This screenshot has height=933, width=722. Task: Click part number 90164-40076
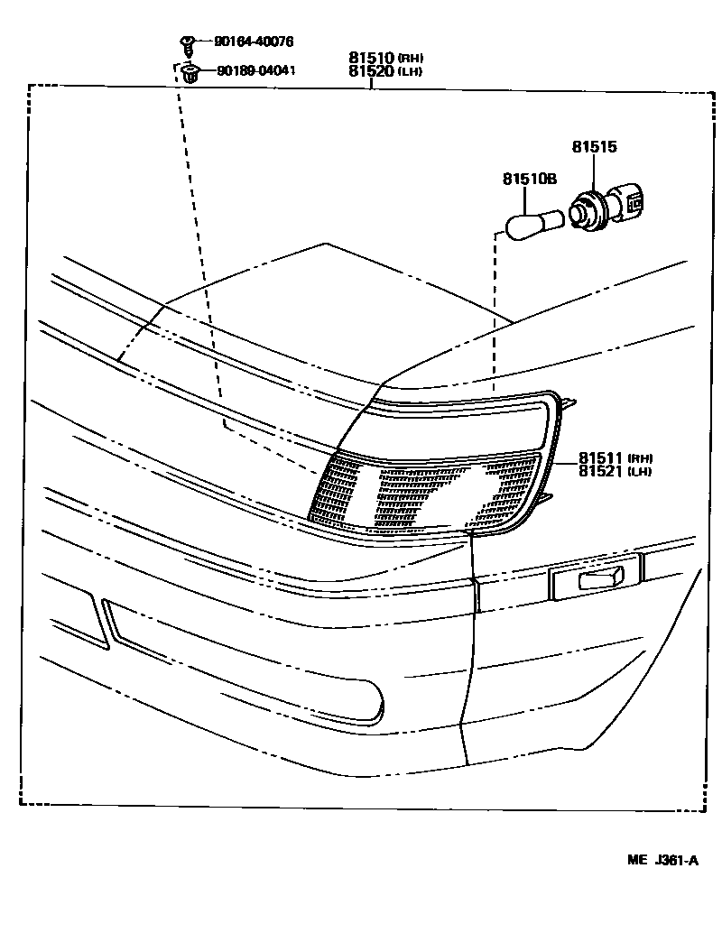click(254, 42)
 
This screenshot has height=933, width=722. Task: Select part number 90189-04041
click(254, 70)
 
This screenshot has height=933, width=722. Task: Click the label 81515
click(594, 146)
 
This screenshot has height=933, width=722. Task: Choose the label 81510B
click(528, 180)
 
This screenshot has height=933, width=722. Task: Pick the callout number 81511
click(602, 457)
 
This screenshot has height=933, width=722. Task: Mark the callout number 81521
click(602, 470)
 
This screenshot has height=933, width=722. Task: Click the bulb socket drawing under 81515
click(606, 207)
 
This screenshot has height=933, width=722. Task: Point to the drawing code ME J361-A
click(663, 860)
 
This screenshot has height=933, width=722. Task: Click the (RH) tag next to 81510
click(411, 59)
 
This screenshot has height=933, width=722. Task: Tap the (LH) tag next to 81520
click(411, 71)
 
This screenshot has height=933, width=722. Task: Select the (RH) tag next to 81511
click(641, 457)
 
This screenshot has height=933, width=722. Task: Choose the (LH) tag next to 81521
click(641, 471)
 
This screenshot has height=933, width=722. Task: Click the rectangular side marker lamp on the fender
click(595, 578)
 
